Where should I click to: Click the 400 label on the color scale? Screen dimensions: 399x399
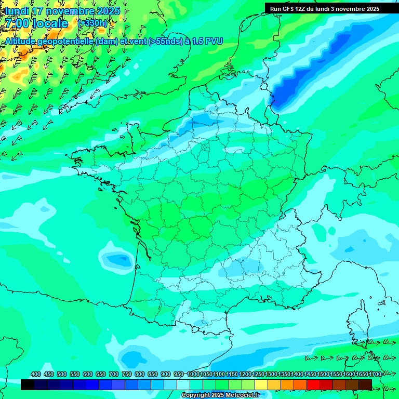point(36,374)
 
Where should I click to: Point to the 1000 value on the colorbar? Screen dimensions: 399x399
point(193,374)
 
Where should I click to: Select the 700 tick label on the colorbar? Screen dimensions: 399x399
point(113,374)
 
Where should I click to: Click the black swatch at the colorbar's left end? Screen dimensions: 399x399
point(28,385)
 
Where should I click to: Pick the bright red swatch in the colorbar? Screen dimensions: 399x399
point(313,385)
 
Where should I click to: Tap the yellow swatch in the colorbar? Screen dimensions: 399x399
point(261,385)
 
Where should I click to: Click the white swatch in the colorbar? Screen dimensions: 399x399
point(183,385)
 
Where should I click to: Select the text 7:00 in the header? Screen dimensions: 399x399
point(18,23)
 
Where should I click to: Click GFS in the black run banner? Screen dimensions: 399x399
point(288,9)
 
